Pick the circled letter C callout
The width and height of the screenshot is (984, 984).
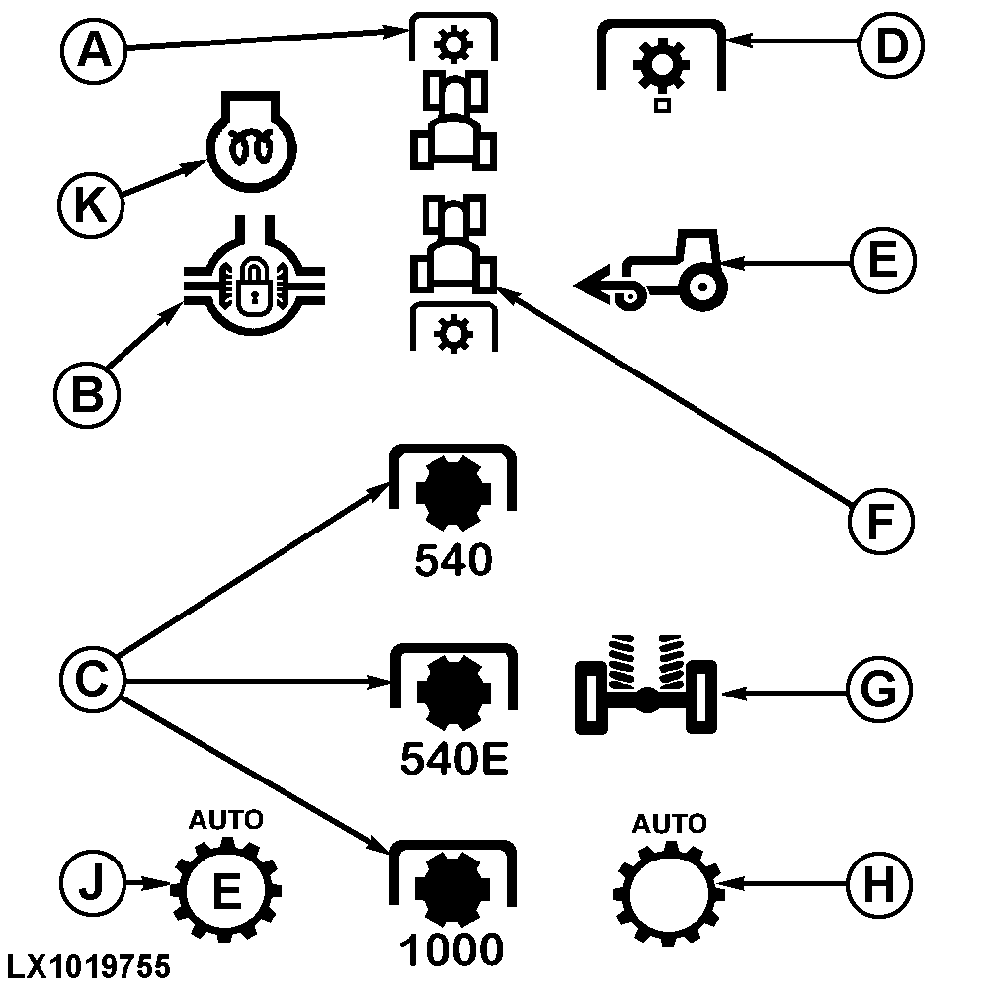click(x=91, y=680)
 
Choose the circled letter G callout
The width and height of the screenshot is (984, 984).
click(x=879, y=691)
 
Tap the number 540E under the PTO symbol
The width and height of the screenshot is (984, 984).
click(x=453, y=758)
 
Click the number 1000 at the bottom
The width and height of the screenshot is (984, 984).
click(x=452, y=949)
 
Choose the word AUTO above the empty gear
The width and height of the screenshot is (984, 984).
click(x=669, y=823)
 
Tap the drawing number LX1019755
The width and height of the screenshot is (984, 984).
click(x=86, y=965)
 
